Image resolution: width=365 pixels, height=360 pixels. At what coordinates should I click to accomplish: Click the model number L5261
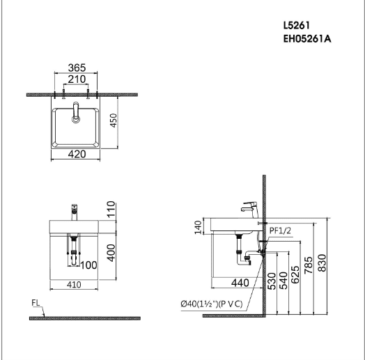point(296,25)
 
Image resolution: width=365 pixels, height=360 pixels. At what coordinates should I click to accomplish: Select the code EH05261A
point(307,39)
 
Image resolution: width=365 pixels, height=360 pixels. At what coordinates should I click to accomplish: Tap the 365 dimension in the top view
point(77,68)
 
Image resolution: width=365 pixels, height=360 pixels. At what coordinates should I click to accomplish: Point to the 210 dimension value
point(77,79)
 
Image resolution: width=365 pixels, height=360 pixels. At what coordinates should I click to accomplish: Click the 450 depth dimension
point(114,120)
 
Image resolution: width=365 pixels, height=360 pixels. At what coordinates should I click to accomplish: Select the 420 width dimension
point(77,154)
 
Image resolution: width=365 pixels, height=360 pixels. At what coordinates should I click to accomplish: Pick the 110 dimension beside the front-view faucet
point(111,209)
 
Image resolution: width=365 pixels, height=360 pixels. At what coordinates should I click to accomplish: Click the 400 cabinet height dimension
point(111,253)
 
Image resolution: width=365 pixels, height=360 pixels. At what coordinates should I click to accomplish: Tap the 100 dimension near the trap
point(88,265)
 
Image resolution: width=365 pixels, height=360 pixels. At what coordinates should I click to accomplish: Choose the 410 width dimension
point(74,285)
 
